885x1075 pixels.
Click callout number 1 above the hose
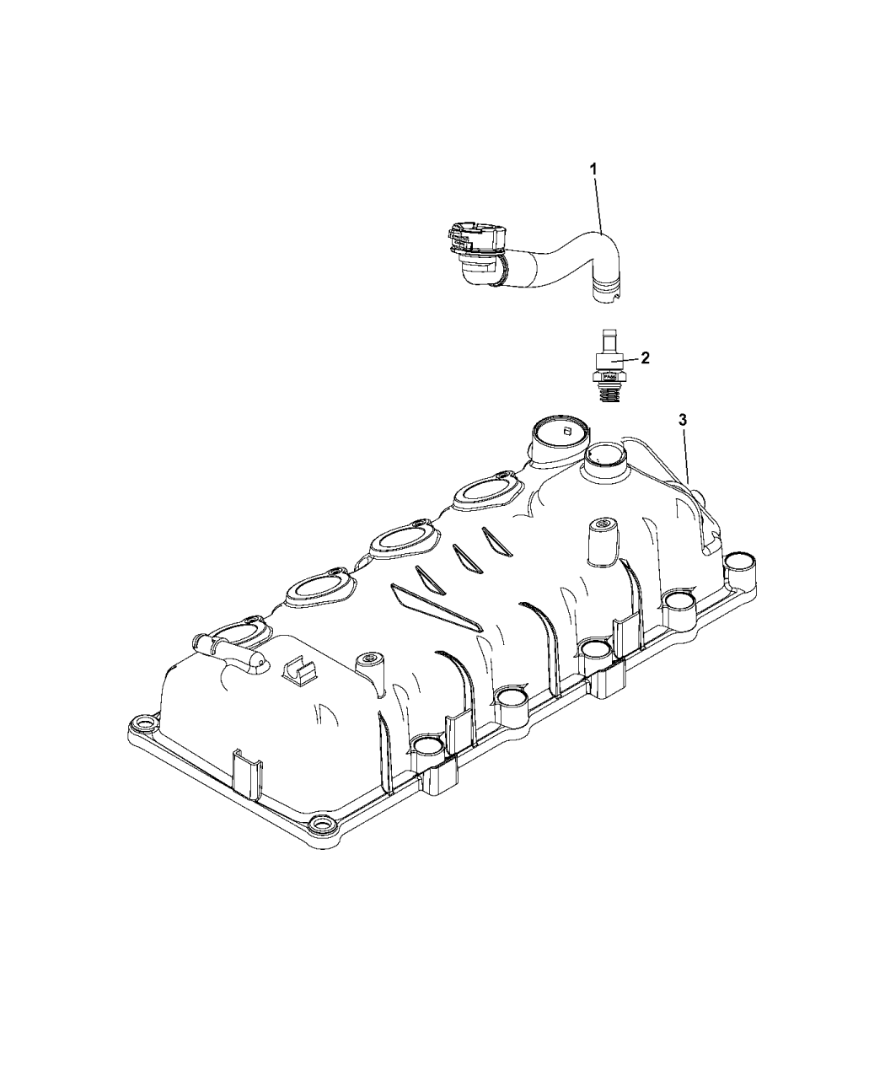pyautogui.click(x=593, y=169)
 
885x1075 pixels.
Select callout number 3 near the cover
pyautogui.click(x=684, y=419)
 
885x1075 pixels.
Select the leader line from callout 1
pyautogui.click(x=598, y=202)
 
